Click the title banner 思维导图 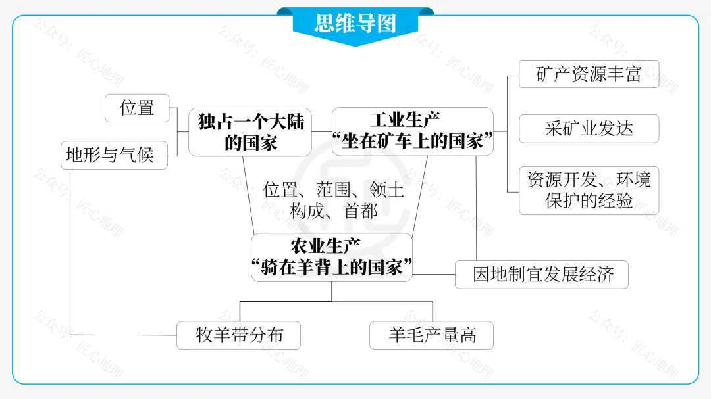click(355, 24)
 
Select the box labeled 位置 click(137, 108)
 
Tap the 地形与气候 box click(115, 155)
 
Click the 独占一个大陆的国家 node click(251, 132)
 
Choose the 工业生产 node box click(412, 131)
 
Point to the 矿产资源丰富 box click(589, 74)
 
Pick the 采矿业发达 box click(589, 128)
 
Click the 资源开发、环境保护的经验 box click(589, 190)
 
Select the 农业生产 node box click(332, 257)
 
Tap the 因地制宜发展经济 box click(541, 274)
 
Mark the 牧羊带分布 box click(239, 335)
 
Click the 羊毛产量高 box click(431, 335)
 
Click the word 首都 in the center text click(361, 211)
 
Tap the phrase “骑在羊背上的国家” click(332, 268)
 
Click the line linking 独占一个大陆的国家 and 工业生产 click(322, 131)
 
